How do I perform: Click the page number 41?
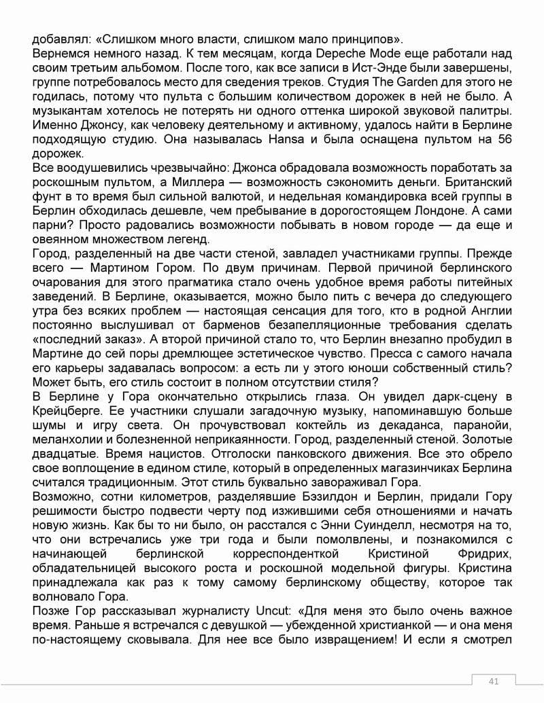(x=494, y=681)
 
